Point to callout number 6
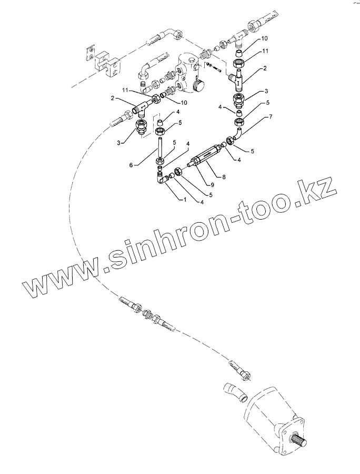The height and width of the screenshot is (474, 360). click(130, 164)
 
